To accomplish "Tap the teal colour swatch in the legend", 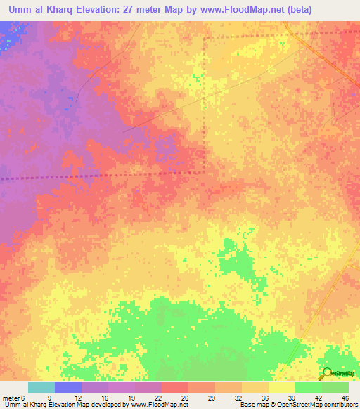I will (x=41, y=387).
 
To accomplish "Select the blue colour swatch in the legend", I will (x=68, y=387).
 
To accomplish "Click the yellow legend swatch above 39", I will (x=281, y=387).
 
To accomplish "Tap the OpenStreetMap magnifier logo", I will (x=326, y=374).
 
